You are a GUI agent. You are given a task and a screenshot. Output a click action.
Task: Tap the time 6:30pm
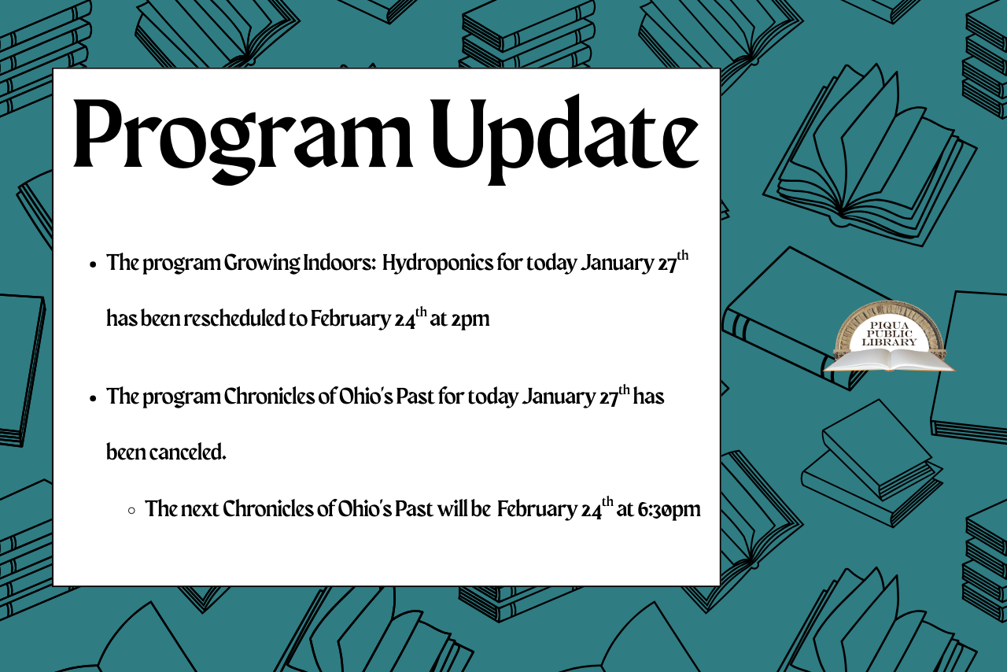(669, 509)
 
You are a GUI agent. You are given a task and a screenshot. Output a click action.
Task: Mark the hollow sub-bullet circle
(131, 510)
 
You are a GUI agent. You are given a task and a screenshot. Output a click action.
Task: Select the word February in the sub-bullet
(537, 509)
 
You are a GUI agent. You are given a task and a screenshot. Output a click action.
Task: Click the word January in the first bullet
(616, 263)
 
